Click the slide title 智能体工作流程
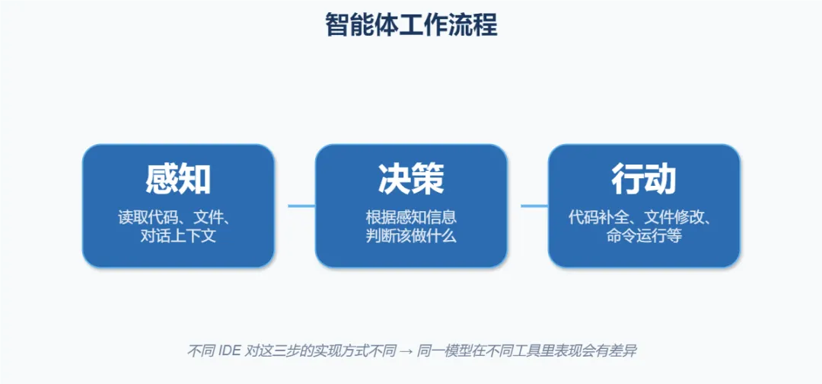[x=411, y=24]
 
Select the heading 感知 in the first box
[x=178, y=179]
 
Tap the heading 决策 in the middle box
[x=411, y=179]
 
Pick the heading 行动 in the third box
[x=644, y=179]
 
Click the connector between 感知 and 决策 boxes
[x=295, y=206]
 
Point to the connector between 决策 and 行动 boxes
[x=527, y=206]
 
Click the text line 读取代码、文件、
[x=178, y=216]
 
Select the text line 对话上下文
[x=178, y=236]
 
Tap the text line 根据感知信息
[x=411, y=216]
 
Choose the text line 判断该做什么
[x=411, y=236]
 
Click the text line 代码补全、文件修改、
[x=644, y=216]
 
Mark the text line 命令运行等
[x=644, y=236]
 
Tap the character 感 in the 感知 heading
[x=161, y=179]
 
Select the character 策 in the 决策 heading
[x=428, y=179]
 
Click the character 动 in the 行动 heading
[x=661, y=179]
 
